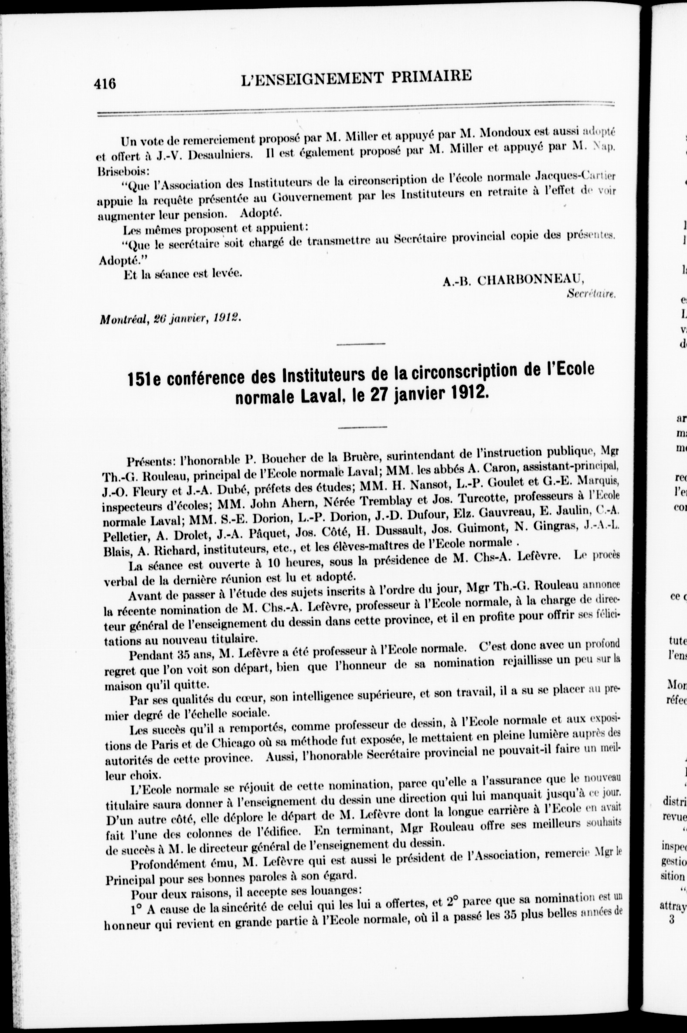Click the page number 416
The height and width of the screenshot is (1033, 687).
105,82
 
